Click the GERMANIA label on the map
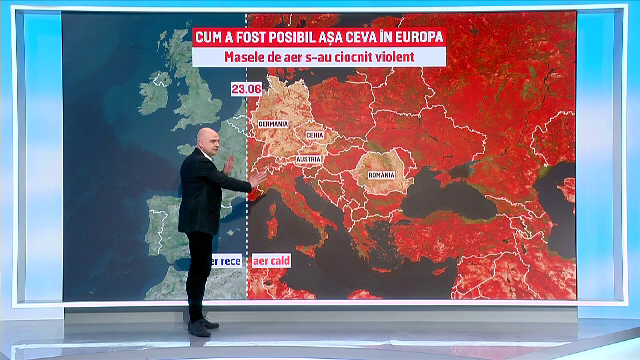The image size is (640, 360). [272, 123]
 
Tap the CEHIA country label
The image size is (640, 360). [314, 134]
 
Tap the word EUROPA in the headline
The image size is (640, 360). [411, 38]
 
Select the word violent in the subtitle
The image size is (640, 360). [414, 58]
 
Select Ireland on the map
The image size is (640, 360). [157, 92]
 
